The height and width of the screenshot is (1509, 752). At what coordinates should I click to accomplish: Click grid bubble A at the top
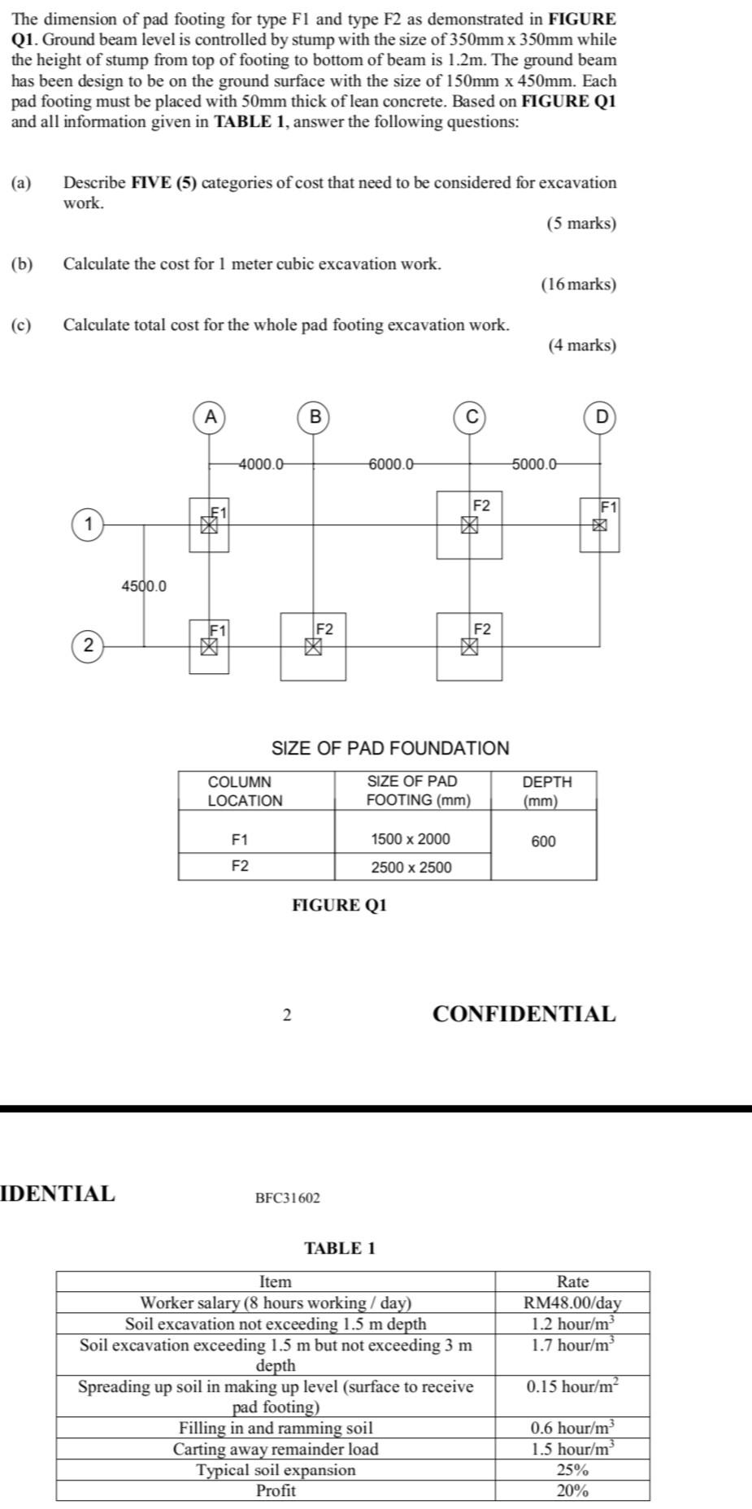(x=210, y=417)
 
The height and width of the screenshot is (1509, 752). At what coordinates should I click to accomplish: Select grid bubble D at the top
(x=602, y=417)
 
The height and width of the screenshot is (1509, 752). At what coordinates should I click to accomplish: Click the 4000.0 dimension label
(x=261, y=464)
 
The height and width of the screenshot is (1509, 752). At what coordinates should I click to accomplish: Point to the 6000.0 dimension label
(x=391, y=464)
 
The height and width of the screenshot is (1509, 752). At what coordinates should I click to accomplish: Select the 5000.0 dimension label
(x=534, y=464)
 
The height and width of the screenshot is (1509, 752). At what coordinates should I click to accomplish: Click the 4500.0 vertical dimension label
(x=144, y=585)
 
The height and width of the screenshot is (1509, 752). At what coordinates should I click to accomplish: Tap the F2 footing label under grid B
(x=324, y=629)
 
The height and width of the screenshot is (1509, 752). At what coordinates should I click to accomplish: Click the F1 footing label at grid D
(x=609, y=507)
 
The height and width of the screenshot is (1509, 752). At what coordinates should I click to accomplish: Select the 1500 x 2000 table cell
(x=411, y=838)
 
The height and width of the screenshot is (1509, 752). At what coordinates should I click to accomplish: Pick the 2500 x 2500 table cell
(x=411, y=867)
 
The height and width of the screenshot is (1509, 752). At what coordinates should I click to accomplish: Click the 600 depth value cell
(x=544, y=841)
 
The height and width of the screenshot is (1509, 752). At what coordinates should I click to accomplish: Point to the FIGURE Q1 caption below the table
(x=340, y=905)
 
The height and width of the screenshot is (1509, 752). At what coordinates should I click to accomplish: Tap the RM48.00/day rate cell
(x=572, y=1302)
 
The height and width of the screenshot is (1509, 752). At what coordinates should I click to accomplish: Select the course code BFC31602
(x=288, y=1198)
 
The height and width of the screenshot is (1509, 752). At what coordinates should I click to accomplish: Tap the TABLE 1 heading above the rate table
(x=340, y=1248)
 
